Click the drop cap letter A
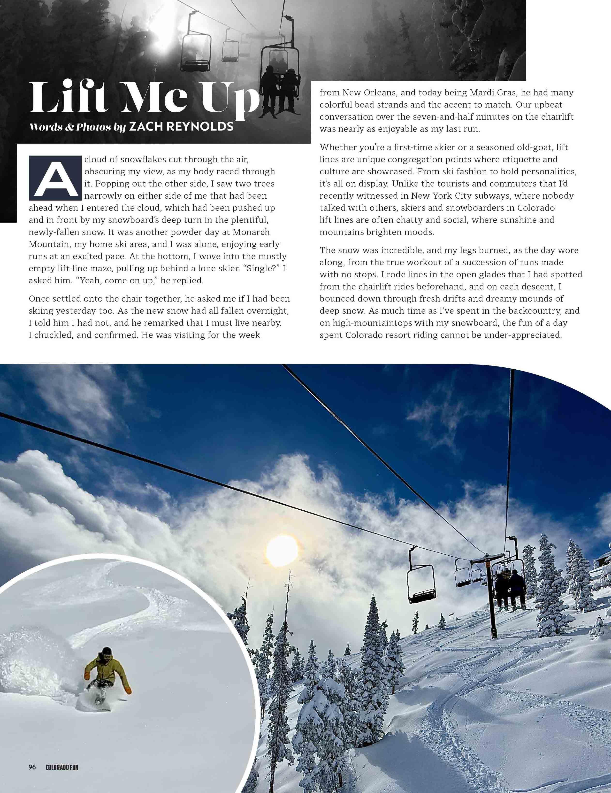pyautogui.click(x=54, y=178)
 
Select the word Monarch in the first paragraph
pyautogui.click(x=252, y=232)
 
